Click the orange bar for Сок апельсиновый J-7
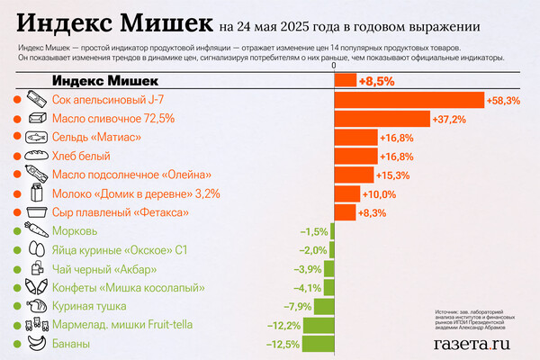click(409, 100)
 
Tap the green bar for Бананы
click(318, 344)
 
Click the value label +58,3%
click(503, 100)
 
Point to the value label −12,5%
click(283, 344)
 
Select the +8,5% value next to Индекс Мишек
click(375, 81)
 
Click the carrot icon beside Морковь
click(35, 231)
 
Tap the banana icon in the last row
click(35, 344)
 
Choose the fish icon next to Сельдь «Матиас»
click(35, 137)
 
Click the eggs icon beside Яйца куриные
click(35, 250)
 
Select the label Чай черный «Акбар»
click(105, 269)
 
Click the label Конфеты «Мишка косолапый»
click(123, 288)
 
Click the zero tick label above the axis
click(334, 66)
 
